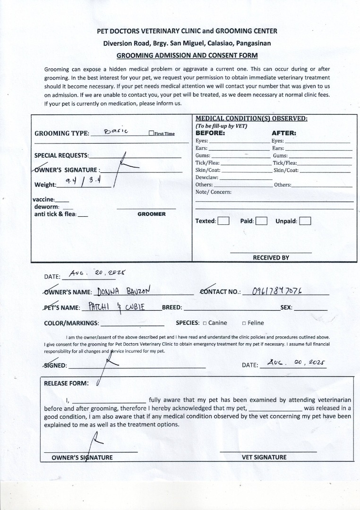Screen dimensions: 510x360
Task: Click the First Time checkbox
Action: click(151, 134)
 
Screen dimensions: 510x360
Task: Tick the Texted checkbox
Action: click(223, 221)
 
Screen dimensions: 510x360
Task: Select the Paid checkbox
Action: click(261, 221)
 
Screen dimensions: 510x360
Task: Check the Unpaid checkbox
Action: click(305, 221)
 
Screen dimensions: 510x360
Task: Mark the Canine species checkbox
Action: click(205, 323)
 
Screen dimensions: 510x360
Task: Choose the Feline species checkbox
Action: click(244, 323)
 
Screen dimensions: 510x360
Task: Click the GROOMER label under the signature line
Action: click(152, 214)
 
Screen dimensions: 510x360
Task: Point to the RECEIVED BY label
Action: click(271, 258)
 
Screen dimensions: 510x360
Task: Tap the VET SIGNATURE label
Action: click(264, 457)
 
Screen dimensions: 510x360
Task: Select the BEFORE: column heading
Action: click(210, 133)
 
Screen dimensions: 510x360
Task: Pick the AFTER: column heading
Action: click(283, 133)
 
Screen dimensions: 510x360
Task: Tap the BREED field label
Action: click(171, 307)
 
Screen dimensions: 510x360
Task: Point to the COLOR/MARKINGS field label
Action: click(71, 323)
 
